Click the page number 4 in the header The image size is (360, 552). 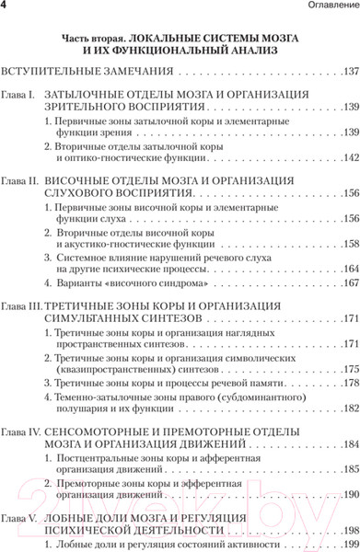click(x=6, y=8)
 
